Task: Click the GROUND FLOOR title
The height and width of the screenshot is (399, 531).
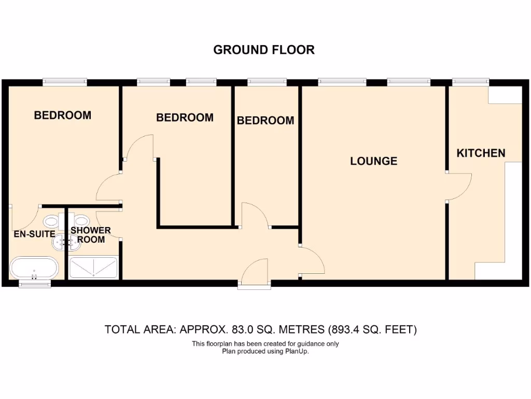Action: point(264,50)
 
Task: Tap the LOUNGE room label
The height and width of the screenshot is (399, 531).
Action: point(373,161)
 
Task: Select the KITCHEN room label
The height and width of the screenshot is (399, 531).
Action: point(481,153)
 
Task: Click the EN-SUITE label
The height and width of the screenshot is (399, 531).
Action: point(34,234)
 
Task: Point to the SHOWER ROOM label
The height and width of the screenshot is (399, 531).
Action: point(91,235)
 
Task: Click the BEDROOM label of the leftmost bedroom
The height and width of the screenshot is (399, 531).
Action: point(62,115)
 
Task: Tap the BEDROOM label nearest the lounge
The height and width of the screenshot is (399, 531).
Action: point(265,121)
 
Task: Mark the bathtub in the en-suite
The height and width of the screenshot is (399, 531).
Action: point(34,268)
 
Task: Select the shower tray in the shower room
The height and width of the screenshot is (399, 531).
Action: point(94,268)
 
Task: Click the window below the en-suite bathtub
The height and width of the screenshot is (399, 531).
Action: point(34,284)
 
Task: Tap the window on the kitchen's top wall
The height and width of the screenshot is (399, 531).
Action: point(470,82)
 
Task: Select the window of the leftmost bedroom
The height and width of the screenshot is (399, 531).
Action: point(64,82)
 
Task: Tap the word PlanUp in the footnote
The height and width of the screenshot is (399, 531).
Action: point(298,351)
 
